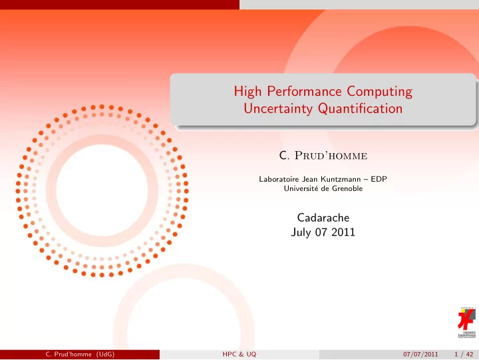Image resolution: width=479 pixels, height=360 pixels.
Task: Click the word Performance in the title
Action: tap(304, 91)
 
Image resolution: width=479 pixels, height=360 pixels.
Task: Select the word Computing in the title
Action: tap(379, 91)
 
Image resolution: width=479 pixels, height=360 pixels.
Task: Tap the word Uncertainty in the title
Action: tap(278, 108)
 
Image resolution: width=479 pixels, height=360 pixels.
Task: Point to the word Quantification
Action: tap(360, 108)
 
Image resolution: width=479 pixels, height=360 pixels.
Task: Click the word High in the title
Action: tap(247, 91)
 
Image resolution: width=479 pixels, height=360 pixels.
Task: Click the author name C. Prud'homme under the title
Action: tap(323, 156)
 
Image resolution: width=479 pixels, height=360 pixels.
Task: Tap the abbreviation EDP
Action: tap(379, 179)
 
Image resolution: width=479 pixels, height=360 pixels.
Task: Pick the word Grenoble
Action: tap(347, 188)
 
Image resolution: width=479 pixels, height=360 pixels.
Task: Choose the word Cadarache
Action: tap(323, 218)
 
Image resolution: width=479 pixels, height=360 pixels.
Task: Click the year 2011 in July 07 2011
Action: tap(343, 232)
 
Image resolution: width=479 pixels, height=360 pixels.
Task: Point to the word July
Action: tap(301, 232)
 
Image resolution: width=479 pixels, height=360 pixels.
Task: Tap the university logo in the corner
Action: tap(467, 323)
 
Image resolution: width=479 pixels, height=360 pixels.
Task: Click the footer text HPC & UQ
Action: tap(239, 354)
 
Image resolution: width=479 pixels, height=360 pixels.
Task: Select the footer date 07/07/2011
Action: tap(420, 354)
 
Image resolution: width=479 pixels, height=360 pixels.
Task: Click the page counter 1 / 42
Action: tap(464, 354)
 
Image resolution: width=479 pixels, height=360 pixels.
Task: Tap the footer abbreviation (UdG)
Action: tap(105, 354)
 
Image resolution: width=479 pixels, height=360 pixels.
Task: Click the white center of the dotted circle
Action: tap(102, 190)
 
